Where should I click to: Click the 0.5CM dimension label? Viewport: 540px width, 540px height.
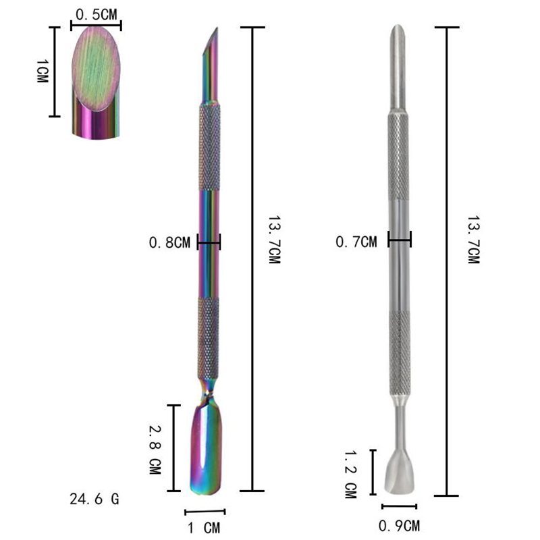96,15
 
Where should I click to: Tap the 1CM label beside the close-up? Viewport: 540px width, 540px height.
43,71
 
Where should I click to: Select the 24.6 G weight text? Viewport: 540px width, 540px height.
94,499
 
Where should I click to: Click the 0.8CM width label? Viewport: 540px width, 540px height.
169,243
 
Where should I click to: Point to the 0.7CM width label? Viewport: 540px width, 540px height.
356,242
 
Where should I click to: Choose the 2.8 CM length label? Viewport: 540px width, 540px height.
155,450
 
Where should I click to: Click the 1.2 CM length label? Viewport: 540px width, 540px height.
351,475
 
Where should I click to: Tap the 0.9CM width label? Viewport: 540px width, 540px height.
399,526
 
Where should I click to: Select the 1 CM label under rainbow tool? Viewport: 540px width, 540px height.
204,528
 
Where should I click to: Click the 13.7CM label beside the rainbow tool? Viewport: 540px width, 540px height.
275,240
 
